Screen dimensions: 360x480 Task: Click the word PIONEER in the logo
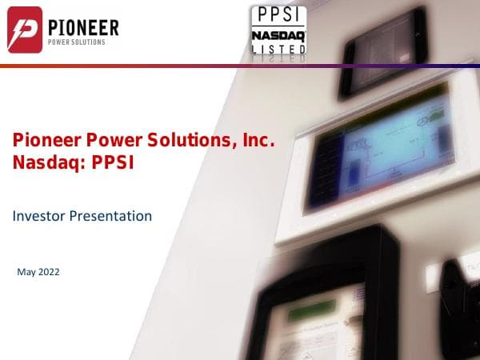83,28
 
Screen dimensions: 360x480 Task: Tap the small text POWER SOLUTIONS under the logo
76,42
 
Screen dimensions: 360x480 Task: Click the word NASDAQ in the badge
278,35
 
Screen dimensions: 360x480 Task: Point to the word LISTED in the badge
278,50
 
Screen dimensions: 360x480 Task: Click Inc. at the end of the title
259,142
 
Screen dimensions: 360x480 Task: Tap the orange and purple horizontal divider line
240,66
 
